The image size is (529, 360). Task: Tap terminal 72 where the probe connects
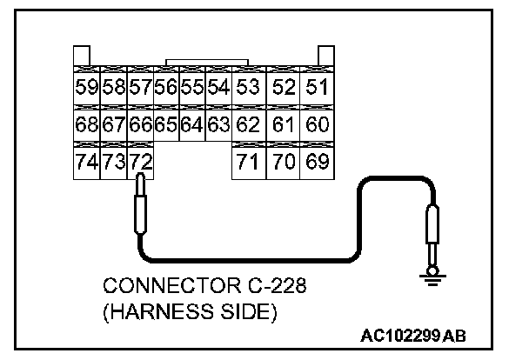[140, 162]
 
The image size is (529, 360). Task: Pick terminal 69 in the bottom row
[317, 162]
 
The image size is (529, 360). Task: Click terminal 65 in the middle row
[166, 123]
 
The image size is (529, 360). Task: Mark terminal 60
[317, 123]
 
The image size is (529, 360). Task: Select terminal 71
[248, 162]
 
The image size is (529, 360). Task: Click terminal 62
[248, 123]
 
